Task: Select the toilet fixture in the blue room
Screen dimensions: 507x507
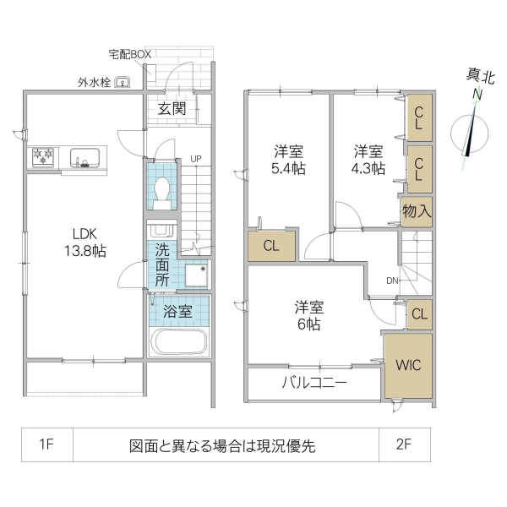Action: [162, 191]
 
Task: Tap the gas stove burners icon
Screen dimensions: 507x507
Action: [43, 156]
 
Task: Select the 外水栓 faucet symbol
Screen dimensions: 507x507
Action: [123, 83]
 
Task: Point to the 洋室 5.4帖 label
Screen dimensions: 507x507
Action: [288, 160]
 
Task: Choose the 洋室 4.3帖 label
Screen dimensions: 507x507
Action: [368, 160]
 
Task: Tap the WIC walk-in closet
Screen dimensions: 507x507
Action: [410, 365]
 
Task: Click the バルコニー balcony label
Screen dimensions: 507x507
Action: [313, 383]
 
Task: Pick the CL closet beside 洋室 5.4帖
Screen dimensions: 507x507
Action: [271, 247]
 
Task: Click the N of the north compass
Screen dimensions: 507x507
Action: [477, 95]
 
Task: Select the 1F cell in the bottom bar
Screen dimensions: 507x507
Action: [47, 445]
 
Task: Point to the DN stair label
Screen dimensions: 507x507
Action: [393, 281]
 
